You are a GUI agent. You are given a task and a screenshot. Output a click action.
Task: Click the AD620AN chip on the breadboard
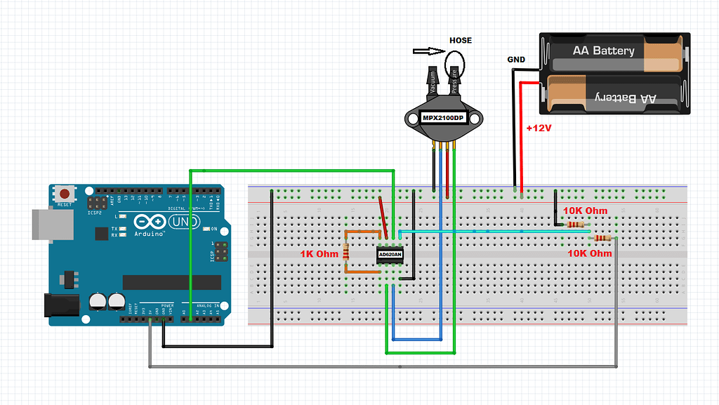390,254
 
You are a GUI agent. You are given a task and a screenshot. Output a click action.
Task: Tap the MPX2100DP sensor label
442,118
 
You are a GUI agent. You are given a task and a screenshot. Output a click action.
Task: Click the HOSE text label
461,41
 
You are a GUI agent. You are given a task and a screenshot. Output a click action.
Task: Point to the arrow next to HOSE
426,51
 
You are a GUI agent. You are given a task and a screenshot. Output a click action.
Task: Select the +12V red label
539,129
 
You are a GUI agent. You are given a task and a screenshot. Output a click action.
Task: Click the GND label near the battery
516,60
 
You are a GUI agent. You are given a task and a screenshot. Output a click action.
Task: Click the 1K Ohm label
319,253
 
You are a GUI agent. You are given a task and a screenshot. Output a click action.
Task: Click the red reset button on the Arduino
65,192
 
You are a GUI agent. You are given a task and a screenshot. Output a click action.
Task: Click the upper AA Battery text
603,51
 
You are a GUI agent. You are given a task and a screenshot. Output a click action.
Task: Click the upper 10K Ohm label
585,211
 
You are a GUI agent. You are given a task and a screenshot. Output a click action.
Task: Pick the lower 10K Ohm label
590,253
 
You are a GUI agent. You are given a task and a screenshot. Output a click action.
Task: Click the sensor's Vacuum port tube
432,79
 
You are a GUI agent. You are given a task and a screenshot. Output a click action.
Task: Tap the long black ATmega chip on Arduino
172,281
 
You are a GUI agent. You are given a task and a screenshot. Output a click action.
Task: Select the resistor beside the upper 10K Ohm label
575,225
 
